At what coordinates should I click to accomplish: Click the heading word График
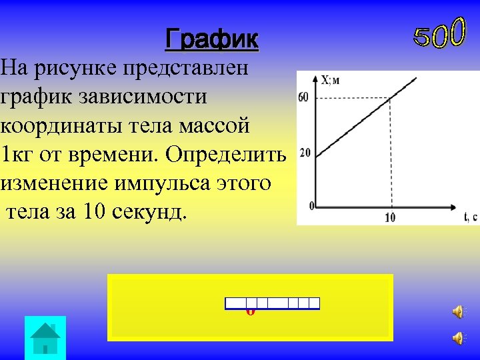click(x=211, y=39)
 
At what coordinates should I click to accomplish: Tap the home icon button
click(x=45, y=338)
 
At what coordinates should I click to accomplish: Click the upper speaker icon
click(x=459, y=311)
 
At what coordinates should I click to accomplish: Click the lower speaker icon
click(x=459, y=338)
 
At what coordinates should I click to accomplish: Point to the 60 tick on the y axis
click(x=303, y=99)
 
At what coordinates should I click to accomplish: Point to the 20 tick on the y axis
click(x=305, y=153)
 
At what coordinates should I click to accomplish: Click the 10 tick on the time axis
click(x=391, y=217)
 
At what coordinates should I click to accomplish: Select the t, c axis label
click(x=470, y=217)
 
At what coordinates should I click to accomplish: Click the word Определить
click(x=226, y=154)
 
